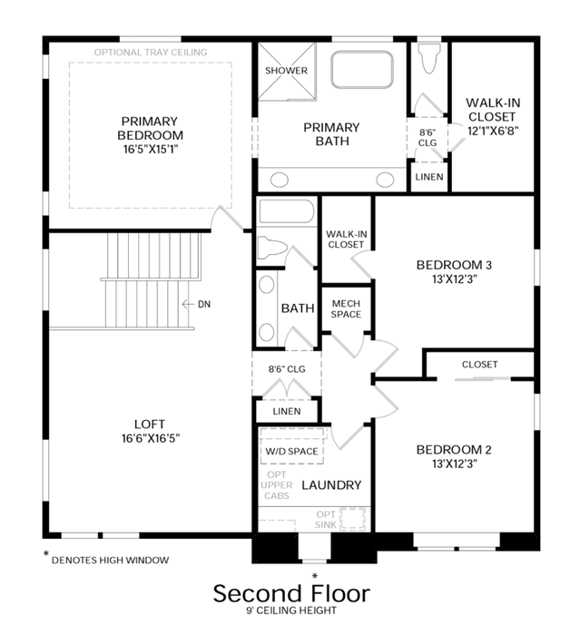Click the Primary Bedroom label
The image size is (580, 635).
click(x=150, y=129)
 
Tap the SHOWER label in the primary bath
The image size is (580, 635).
click(x=286, y=71)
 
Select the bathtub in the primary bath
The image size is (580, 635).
click(x=362, y=69)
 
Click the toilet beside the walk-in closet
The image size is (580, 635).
click(x=428, y=59)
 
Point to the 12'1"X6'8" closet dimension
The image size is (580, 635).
click(x=493, y=131)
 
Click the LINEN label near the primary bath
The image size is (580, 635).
click(x=428, y=177)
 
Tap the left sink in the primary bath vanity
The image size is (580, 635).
click(x=280, y=180)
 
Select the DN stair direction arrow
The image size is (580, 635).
click(x=188, y=304)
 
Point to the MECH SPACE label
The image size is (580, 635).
click(x=346, y=309)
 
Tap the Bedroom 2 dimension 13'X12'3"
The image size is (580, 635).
click(x=455, y=464)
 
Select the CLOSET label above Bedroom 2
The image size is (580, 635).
click(x=479, y=365)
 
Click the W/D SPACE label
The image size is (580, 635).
click(x=291, y=452)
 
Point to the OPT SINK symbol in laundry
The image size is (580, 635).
click(x=352, y=519)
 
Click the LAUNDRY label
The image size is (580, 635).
click(x=331, y=485)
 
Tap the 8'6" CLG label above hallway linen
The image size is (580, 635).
click(x=287, y=369)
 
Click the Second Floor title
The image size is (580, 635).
click(x=291, y=593)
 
